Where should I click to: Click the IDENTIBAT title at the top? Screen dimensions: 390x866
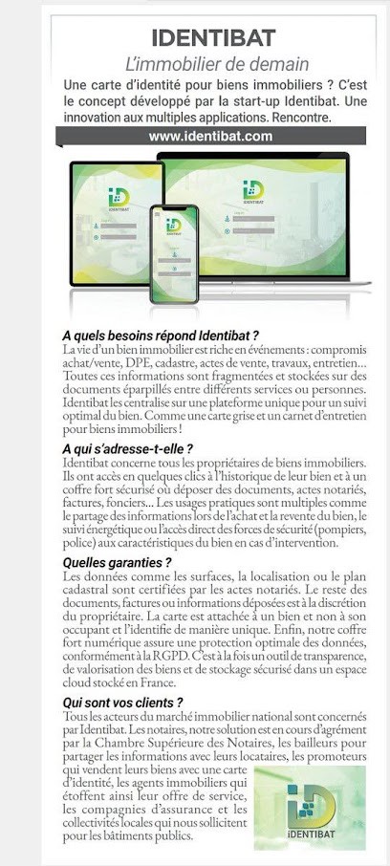[x=213, y=37]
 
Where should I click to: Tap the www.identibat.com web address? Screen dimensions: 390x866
[x=211, y=137]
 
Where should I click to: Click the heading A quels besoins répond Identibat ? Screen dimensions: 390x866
[x=161, y=336]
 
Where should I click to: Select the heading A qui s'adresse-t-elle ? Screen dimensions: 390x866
[x=127, y=447]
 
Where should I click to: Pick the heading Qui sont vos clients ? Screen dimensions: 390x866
[x=122, y=703]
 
